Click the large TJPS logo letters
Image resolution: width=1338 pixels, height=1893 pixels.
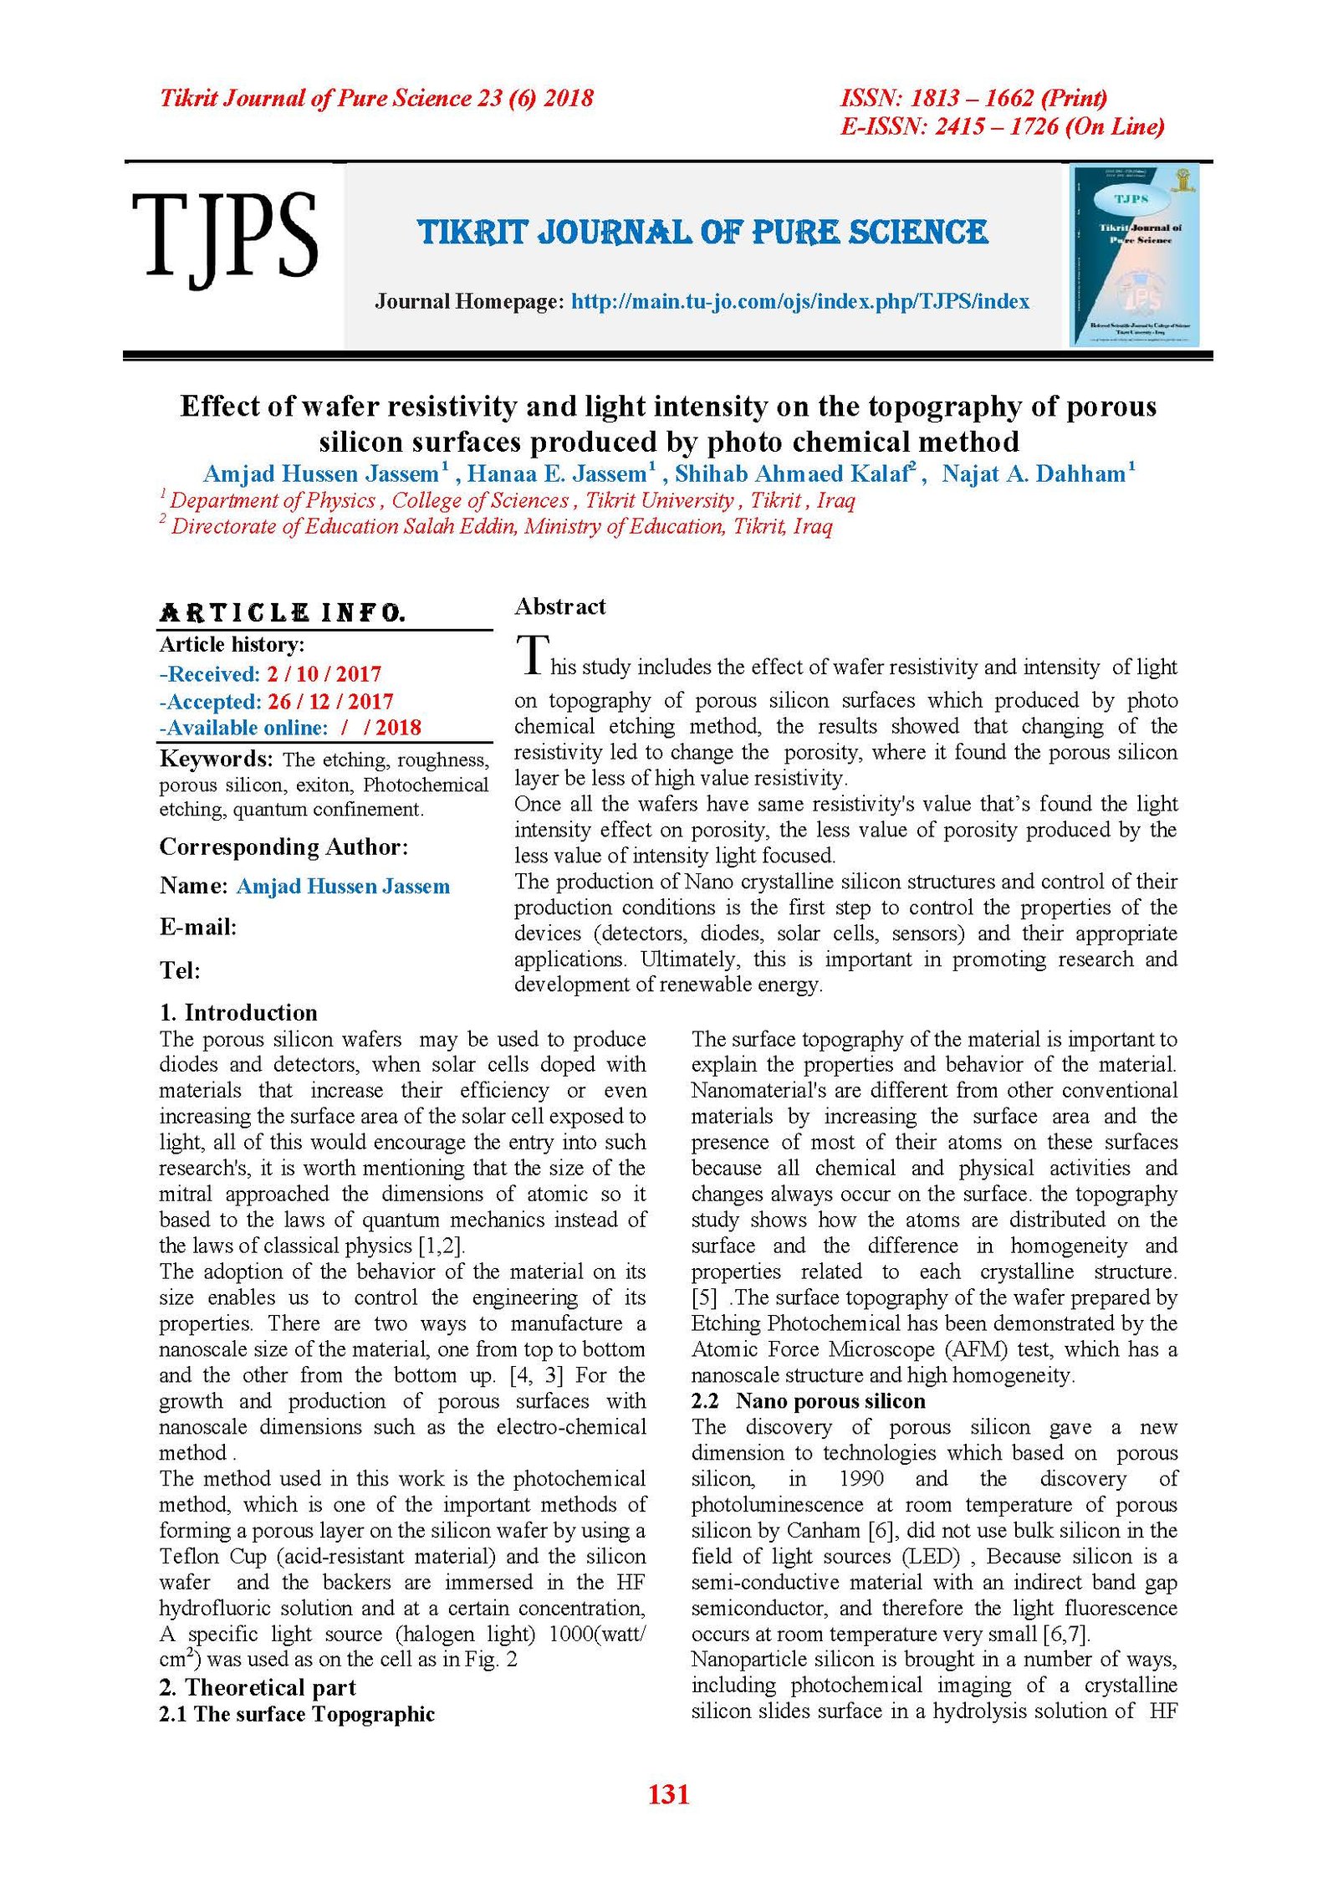(224, 235)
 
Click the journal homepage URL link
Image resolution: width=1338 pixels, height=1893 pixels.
(799, 301)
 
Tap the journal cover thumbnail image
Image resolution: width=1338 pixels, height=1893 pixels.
(1135, 255)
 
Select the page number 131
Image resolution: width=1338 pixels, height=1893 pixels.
(668, 1793)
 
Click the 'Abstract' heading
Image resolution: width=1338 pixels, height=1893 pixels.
(559, 606)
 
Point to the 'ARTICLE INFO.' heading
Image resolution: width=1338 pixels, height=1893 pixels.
(283, 612)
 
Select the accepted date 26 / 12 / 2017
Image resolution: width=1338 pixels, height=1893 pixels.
(329, 701)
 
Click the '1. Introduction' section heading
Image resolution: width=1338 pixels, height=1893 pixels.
(238, 1012)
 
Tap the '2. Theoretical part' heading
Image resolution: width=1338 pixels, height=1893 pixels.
(258, 1686)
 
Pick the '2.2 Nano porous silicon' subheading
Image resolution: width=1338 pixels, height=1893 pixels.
(808, 1400)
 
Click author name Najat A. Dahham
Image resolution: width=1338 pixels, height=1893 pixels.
(1034, 474)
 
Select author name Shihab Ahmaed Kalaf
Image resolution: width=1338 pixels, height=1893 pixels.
(790, 474)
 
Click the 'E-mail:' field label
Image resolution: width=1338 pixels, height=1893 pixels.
(198, 927)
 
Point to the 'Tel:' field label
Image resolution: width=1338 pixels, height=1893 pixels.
(180, 970)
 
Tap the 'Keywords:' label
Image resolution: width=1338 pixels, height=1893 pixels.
(216, 759)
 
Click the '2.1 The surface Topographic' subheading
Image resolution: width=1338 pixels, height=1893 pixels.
(297, 1714)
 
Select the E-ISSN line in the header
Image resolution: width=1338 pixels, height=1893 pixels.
(1002, 126)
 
